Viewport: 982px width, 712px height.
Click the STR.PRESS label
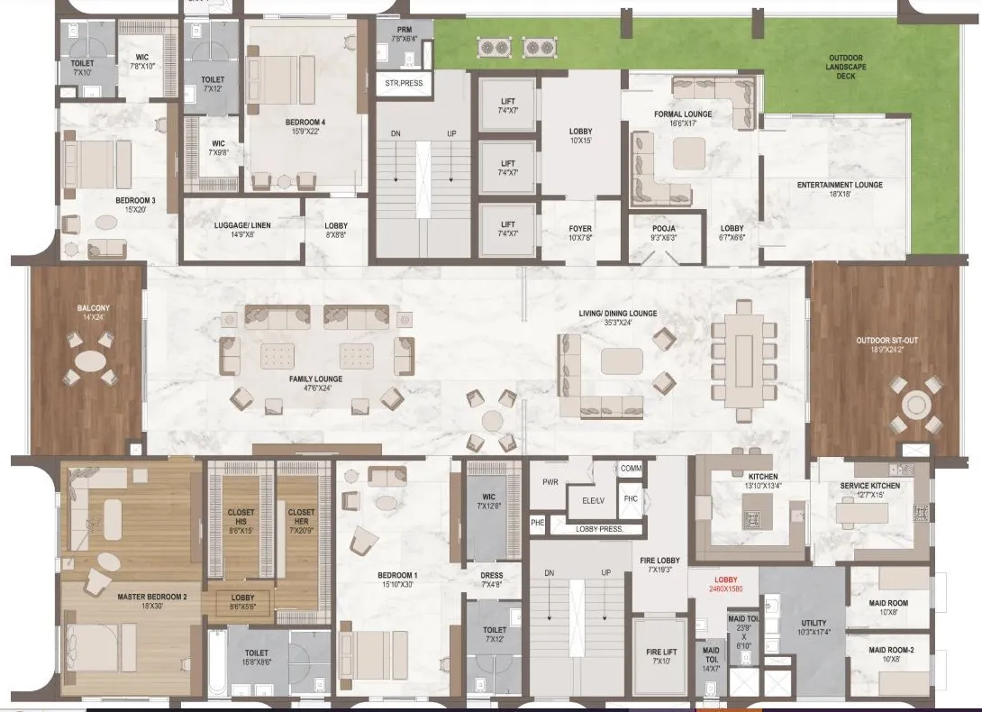click(x=404, y=83)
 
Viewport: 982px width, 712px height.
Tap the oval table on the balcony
click(x=89, y=361)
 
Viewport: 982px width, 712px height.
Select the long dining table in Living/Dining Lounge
click(x=744, y=359)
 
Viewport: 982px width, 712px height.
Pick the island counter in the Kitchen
click(x=751, y=517)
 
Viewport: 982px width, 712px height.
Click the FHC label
click(x=631, y=497)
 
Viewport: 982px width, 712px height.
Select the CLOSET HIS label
click(x=240, y=517)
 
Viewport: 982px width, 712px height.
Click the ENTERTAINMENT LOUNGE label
click(x=840, y=186)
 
